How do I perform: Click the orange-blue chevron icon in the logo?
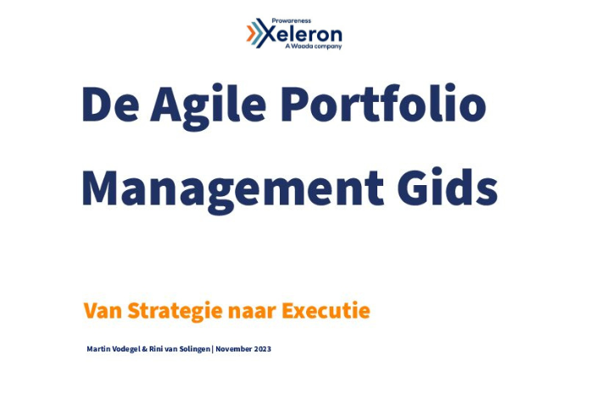(x=254, y=33)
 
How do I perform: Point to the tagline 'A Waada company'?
(x=313, y=47)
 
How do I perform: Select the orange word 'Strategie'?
(x=175, y=312)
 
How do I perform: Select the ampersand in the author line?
(x=146, y=349)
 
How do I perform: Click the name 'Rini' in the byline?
(x=156, y=349)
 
